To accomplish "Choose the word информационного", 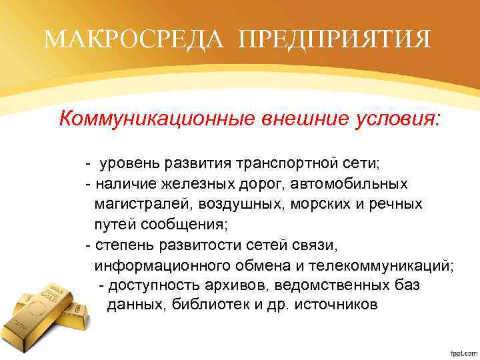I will (x=166, y=265).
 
